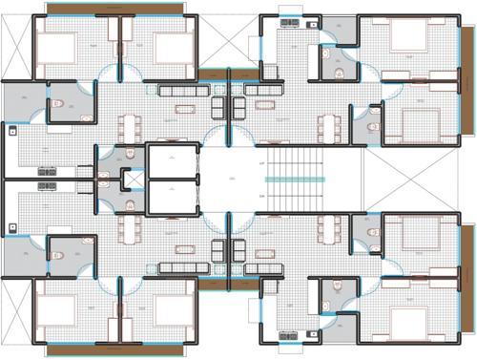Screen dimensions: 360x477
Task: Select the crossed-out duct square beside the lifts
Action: click(132, 180)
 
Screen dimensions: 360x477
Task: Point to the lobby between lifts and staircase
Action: click(230, 180)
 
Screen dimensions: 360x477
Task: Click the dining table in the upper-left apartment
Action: click(134, 125)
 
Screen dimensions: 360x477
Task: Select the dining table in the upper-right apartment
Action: click(330, 125)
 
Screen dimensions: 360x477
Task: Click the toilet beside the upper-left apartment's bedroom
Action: click(56, 104)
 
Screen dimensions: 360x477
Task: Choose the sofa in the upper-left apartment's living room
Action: click(178, 93)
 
